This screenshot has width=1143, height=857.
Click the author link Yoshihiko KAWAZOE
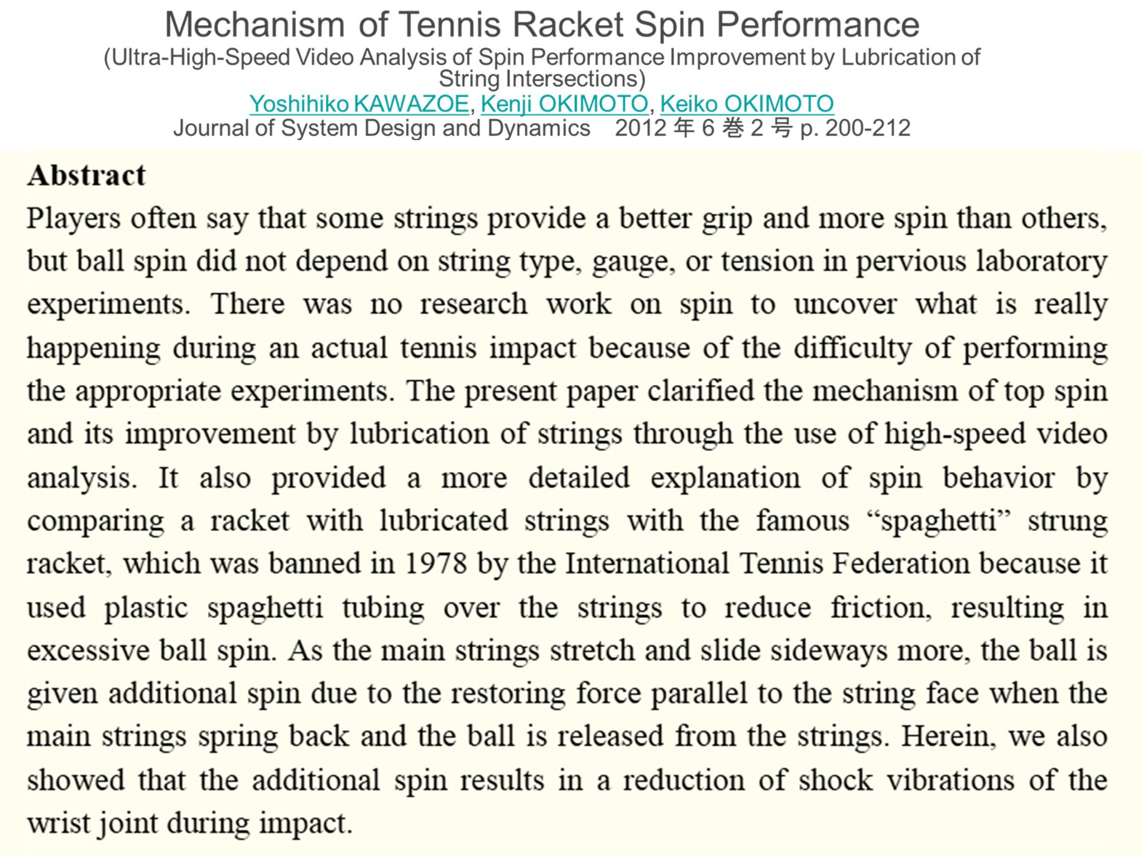coord(359,104)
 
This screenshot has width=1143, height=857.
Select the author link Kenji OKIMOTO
coord(564,104)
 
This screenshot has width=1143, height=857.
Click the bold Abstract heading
coord(87,175)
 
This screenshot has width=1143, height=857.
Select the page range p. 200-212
coord(855,128)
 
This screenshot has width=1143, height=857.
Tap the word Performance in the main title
coord(818,25)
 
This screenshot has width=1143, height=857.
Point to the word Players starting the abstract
coord(73,218)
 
